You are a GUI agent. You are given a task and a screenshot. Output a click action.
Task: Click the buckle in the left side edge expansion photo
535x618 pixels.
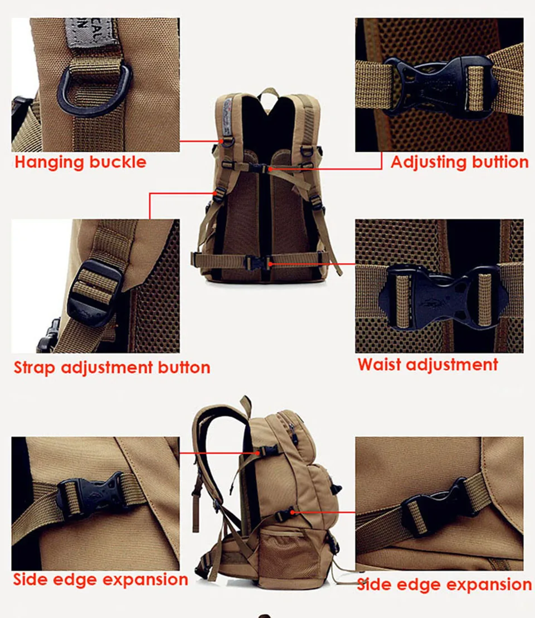point(92,495)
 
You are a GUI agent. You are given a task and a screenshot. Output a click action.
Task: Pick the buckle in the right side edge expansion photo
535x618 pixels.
point(437,504)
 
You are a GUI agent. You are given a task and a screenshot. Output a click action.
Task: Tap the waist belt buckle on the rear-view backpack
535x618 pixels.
point(258,263)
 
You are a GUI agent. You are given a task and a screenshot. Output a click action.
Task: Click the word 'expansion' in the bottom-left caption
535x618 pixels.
point(145,580)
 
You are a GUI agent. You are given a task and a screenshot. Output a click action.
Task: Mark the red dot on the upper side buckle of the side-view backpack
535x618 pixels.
point(258,453)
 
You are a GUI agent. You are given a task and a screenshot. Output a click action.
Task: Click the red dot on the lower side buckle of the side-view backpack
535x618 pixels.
point(292,513)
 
